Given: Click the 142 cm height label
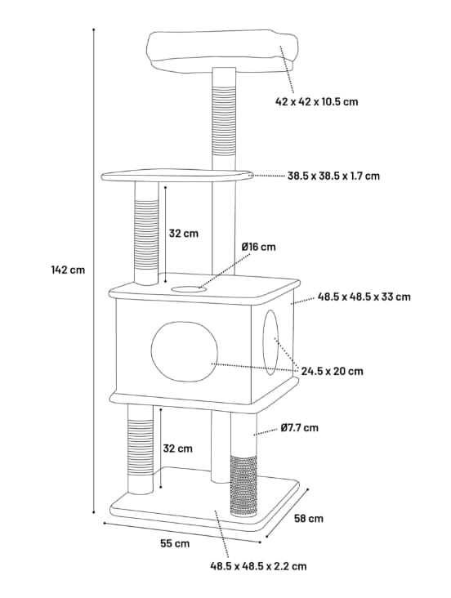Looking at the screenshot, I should click(x=67, y=270).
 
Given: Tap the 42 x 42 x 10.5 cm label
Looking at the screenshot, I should click(x=316, y=102).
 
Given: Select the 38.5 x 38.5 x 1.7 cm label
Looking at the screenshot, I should click(x=333, y=176).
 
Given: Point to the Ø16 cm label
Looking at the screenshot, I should click(x=258, y=247).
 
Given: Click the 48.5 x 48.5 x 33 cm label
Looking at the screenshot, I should click(x=364, y=297).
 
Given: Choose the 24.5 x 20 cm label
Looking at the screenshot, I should click(x=332, y=371).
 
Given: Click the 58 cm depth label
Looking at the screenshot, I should click(x=309, y=518).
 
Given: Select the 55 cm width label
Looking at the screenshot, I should click(x=175, y=542).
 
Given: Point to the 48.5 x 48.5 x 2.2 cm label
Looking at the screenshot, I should click(x=258, y=565).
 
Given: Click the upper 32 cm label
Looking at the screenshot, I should click(x=183, y=233).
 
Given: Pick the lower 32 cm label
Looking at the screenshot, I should click(x=177, y=448).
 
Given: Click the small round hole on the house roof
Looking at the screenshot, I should click(x=188, y=288).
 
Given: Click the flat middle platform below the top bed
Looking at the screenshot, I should click(x=176, y=176).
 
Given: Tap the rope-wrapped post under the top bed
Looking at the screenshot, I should click(x=223, y=123).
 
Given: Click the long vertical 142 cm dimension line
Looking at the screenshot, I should click(x=94, y=270).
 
